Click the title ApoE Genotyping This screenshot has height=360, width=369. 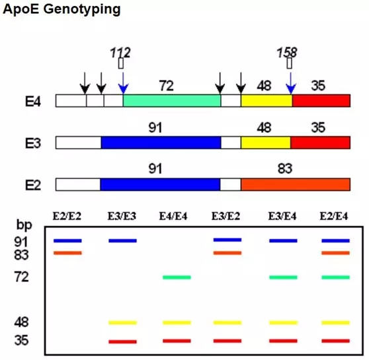(x=61, y=10)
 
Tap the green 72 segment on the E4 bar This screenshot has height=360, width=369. (x=172, y=100)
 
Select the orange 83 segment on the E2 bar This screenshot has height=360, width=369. (x=296, y=184)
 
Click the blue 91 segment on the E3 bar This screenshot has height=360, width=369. (x=161, y=143)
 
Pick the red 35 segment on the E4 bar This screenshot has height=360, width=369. (x=321, y=100)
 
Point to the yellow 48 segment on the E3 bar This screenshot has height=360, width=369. (x=266, y=143)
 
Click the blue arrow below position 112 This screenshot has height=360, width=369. (x=123, y=83)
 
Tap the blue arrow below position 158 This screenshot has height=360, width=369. (x=291, y=83)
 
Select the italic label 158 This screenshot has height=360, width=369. (x=287, y=52)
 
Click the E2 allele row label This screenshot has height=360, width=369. (x=33, y=185)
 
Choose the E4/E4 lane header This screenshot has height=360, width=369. (x=173, y=216)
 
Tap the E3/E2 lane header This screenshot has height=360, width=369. (x=225, y=216)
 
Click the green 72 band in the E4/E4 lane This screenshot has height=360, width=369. (x=177, y=277)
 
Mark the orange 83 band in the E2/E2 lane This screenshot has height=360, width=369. (x=67, y=253)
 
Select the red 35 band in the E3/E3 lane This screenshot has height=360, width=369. (x=122, y=342)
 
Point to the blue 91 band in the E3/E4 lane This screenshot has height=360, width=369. (x=283, y=241)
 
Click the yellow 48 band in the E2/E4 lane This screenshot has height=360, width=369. (x=335, y=323)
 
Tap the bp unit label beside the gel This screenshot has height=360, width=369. (x=24, y=225)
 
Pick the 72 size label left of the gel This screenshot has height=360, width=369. (x=21, y=277)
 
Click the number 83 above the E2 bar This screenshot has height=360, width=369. (x=285, y=168)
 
